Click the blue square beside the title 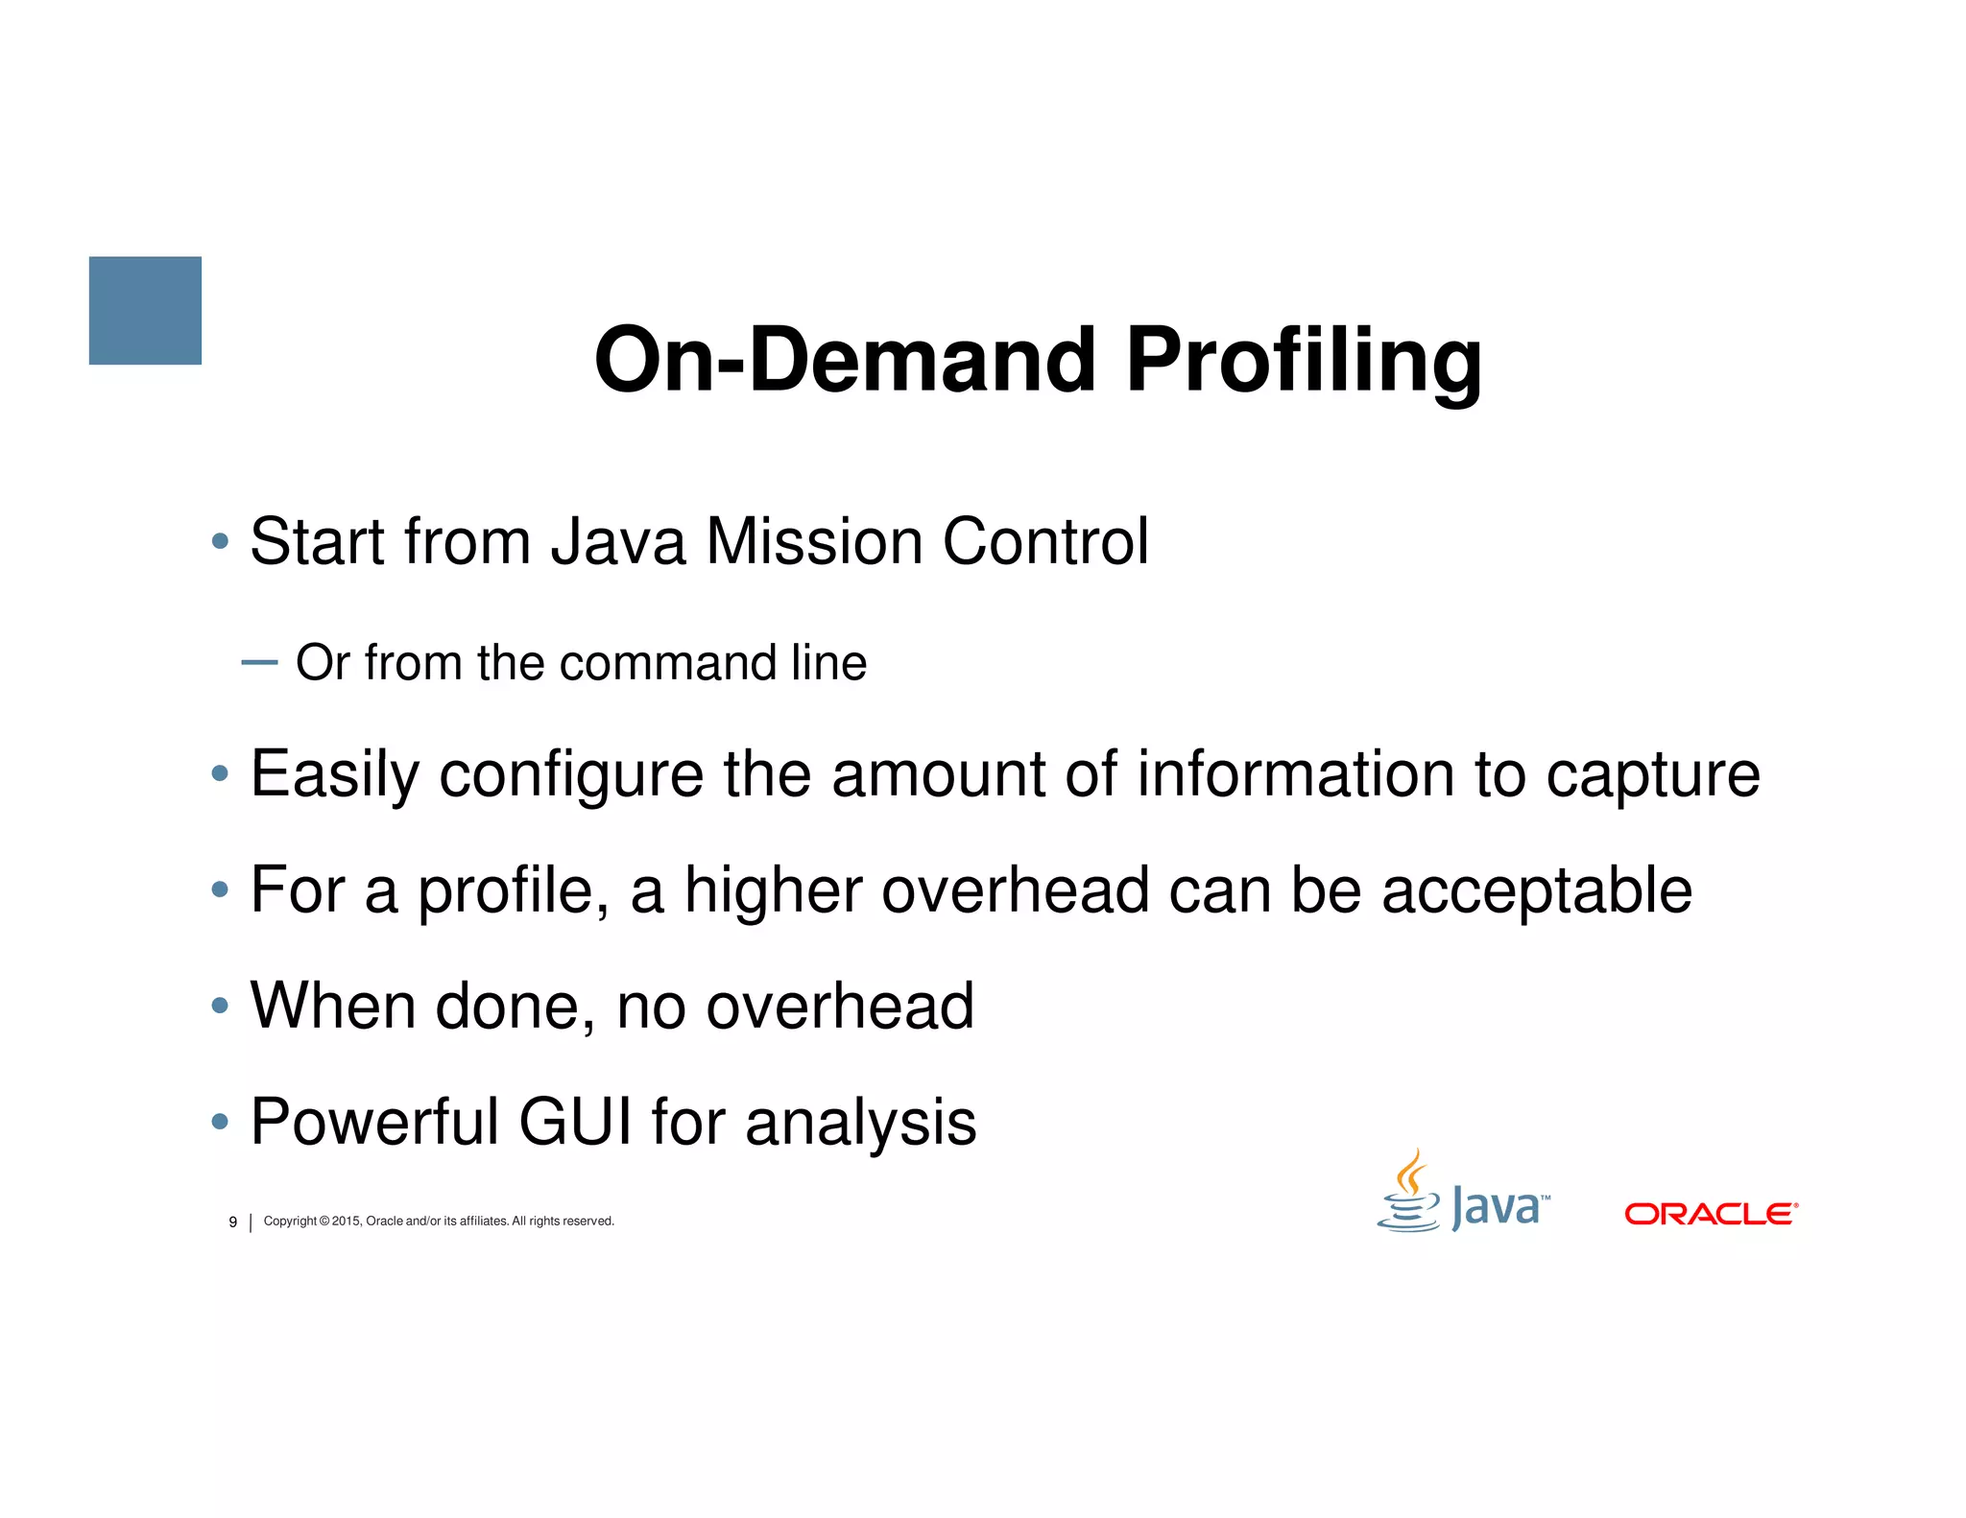click(x=145, y=310)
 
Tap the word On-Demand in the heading click(x=845, y=360)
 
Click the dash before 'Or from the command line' click(x=259, y=662)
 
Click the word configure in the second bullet click(x=571, y=775)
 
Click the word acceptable click(x=1536, y=891)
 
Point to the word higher click(x=773, y=891)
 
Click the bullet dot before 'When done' click(x=220, y=1006)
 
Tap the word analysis click(x=860, y=1123)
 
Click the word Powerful click(x=374, y=1121)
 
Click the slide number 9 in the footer click(x=232, y=1222)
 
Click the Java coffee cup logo click(x=1409, y=1193)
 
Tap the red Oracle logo click(x=1711, y=1214)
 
